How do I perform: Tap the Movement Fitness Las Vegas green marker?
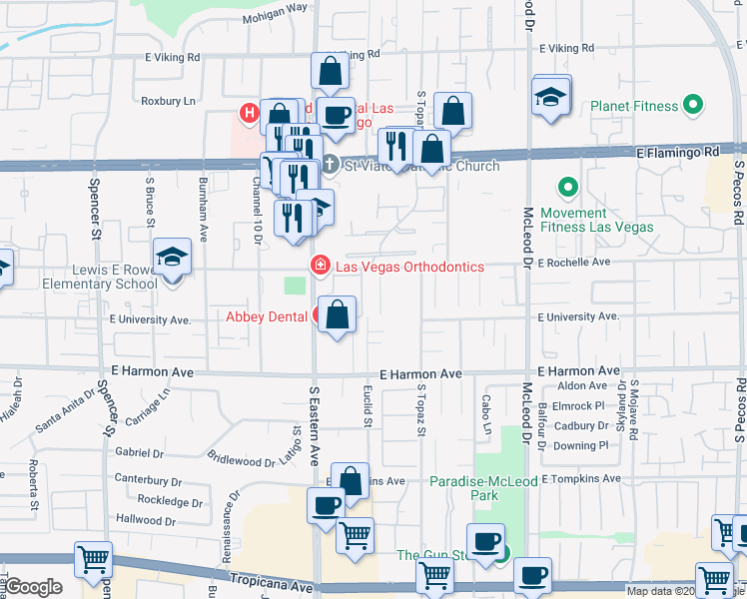[x=568, y=187]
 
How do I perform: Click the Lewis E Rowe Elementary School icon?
[x=172, y=256]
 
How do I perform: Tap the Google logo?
[x=33, y=587]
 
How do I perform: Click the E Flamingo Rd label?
[x=678, y=153]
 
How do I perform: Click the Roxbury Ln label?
[x=168, y=101]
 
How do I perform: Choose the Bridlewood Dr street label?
[x=242, y=460]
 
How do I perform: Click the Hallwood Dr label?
[x=145, y=520]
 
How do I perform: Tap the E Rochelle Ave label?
[x=573, y=263]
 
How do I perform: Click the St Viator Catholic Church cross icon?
[x=330, y=165]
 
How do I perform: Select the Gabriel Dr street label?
[x=138, y=452]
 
